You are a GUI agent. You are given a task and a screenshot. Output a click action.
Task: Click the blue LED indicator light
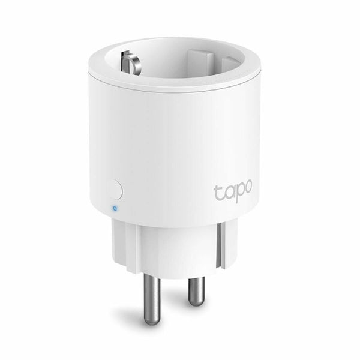pyautogui.click(x=114, y=209)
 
